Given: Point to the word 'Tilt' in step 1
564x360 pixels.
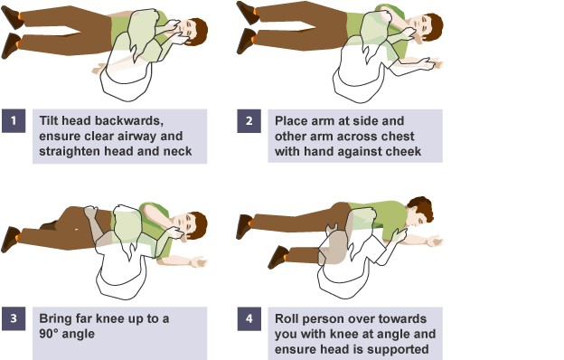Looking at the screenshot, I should (x=52, y=118).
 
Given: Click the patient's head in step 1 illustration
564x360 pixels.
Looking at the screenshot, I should (x=190, y=32).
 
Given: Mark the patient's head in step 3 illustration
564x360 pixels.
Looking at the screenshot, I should (x=190, y=225).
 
